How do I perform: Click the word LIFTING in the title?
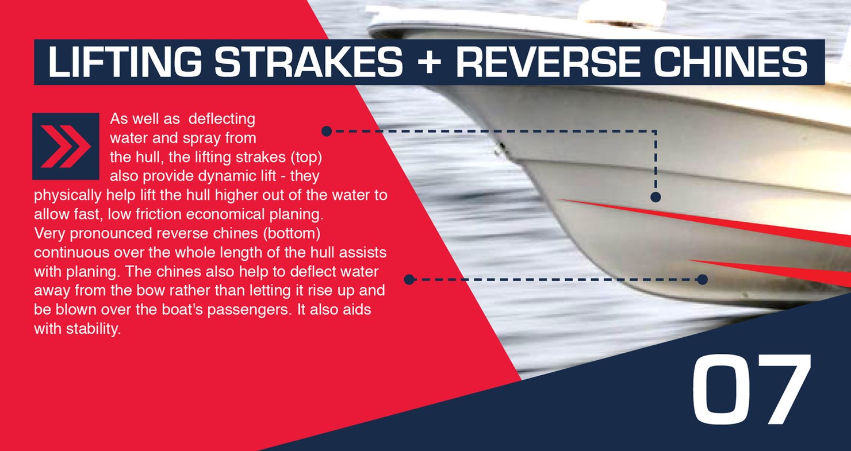[125, 62]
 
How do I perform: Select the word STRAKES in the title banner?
[308, 62]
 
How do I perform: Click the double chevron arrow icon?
[66, 146]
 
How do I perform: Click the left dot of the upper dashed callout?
[327, 132]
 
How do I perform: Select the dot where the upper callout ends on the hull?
[655, 197]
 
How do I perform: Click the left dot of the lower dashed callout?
[409, 280]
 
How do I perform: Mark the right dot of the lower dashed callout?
[703, 280]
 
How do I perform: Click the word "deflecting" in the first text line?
[222, 119]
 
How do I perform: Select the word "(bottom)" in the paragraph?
[292, 233]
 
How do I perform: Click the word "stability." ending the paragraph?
[94, 329]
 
